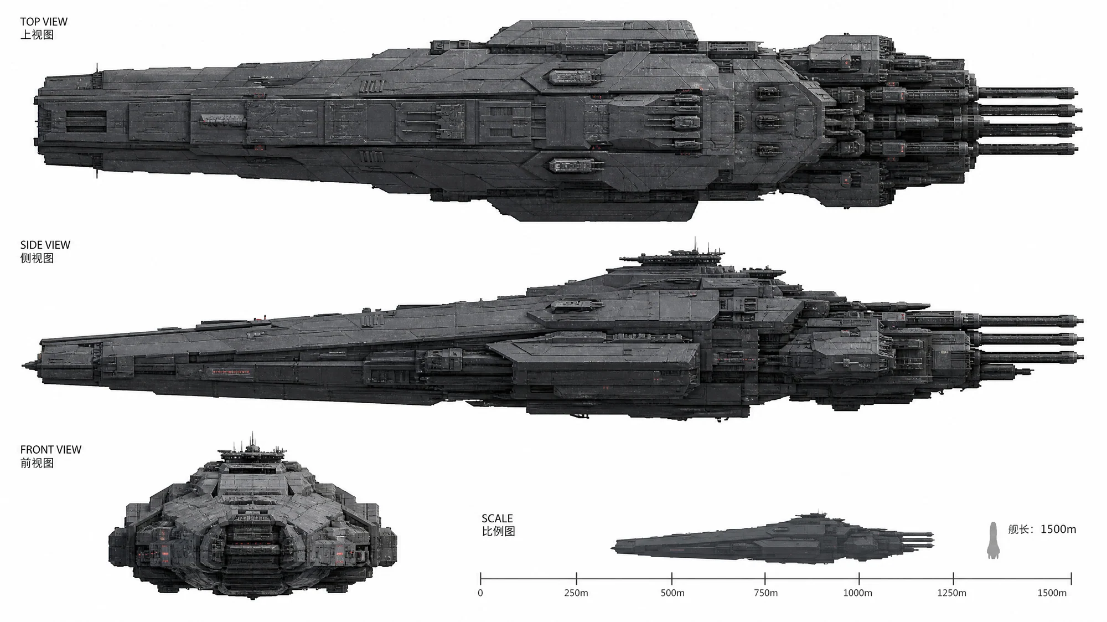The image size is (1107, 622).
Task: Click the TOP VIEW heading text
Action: pos(44,22)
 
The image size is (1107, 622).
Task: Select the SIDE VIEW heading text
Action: pos(45,245)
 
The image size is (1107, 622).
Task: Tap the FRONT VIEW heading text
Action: pos(51,450)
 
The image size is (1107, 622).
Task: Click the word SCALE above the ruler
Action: pos(497,518)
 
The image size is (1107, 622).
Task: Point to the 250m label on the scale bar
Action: pos(576,593)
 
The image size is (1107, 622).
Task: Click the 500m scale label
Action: pos(673,593)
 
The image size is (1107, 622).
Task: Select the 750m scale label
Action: pos(765,593)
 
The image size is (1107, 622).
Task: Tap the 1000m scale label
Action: pos(857,593)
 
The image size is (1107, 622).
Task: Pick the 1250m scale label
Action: pos(952,593)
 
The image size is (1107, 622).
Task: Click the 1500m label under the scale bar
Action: pos(1052,593)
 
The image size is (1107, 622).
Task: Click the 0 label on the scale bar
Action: pos(480,593)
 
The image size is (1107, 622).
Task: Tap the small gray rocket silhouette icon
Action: pos(993,540)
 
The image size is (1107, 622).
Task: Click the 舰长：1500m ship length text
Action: pos(1042,529)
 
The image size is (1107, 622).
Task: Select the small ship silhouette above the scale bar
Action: pos(773,537)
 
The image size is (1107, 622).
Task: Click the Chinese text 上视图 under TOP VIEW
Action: pos(37,35)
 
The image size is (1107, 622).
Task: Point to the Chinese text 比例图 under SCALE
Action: pos(498,532)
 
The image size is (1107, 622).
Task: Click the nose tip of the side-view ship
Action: pos(23,365)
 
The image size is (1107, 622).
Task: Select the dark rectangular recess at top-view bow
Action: pos(86,121)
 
